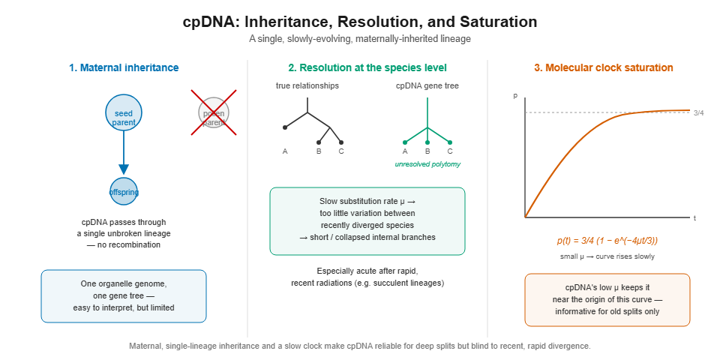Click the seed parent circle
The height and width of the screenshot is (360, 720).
(124, 112)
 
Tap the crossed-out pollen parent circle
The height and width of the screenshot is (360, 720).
(214, 113)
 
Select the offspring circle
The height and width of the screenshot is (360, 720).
(124, 191)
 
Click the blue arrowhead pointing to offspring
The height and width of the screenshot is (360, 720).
(124, 169)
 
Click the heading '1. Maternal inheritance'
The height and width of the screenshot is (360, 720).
(124, 68)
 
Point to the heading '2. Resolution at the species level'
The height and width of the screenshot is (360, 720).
(367, 68)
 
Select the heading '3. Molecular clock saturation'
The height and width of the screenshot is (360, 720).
(603, 68)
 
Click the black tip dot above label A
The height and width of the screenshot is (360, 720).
(285, 127)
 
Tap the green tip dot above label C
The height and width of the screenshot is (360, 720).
(450, 142)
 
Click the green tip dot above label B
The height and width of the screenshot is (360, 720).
(427, 142)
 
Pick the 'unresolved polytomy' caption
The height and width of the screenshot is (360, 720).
(427, 164)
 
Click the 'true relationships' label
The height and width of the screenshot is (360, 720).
(307, 85)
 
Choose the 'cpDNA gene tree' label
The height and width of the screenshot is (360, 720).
(427, 85)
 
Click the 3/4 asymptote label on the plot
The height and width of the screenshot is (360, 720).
(698, 113)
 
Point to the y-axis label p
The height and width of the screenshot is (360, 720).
(515, 96)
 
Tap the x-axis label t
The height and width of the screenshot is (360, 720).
(694, 218)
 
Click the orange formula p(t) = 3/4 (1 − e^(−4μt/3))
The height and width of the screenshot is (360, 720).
(607, 241)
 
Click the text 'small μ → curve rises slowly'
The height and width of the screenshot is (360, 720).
(607, 256)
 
